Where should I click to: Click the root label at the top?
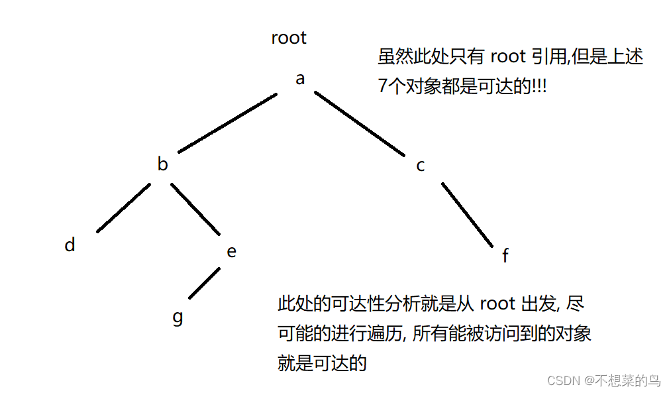(x=289, y=38)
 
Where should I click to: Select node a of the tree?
(x=300, y=79)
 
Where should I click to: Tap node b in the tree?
(x=162, y=164)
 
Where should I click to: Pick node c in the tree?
(x=421, y=166)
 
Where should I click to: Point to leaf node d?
(x=70, y=245)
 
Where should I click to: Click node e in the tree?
(x=231, y=252)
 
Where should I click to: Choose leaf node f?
(x=505, y=256)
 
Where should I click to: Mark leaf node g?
(x=178, y=317)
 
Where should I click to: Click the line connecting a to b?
(x=227, y=123)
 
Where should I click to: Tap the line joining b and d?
(x=123, y=207)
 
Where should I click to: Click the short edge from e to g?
(x=204, y=283)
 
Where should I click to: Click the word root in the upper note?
(x=508, y=56)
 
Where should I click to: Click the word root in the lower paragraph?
(x=497, y=304)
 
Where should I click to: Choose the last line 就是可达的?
(x=322, y=363)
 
